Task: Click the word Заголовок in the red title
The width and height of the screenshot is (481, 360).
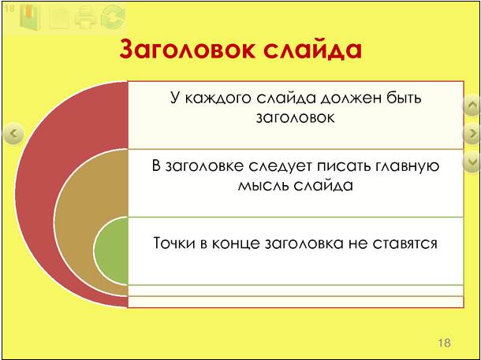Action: [187, 49]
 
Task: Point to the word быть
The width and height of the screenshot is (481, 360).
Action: [405, 98]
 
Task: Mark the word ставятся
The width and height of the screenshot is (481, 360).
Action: [405, 243]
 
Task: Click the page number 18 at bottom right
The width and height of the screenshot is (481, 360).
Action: [444, 343]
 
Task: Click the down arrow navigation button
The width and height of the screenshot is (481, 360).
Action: [472, 161]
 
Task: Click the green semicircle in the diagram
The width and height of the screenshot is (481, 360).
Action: [111, 251]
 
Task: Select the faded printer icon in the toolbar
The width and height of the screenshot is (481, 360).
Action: [86, 17]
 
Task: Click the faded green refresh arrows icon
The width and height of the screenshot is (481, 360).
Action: [114, 17]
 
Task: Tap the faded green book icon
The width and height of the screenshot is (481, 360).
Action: [30, 17]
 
